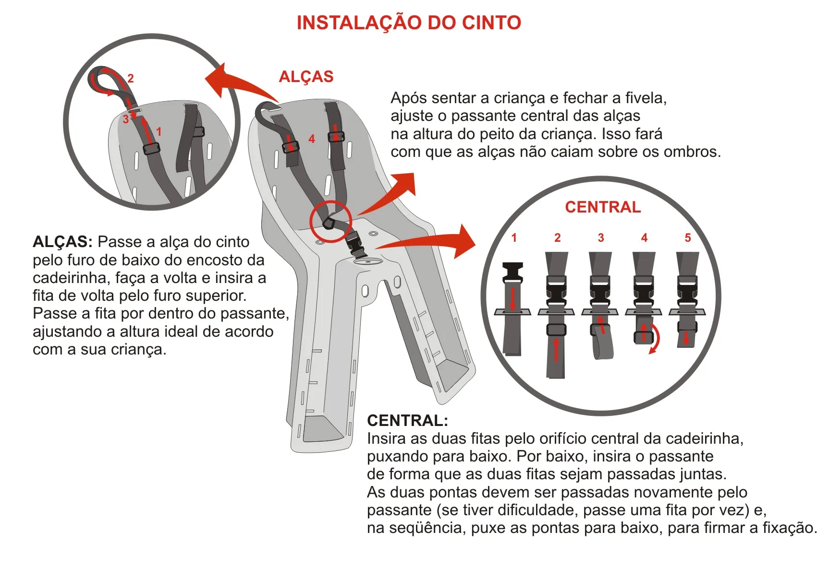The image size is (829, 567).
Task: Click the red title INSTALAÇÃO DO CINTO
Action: coord(409,23)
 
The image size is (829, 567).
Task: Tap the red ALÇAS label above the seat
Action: coord(306,77)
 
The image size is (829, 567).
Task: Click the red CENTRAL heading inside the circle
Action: coord(603,207)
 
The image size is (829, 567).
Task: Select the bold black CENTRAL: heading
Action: coord(407,420)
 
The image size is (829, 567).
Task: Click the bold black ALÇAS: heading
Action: coord(62,242)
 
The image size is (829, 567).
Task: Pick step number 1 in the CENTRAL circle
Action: coord(514,237)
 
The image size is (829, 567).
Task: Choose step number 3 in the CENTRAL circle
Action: coord(601,237)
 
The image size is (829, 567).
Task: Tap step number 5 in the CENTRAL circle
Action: coord(688,237)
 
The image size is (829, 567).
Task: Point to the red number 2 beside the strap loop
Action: coord(131,78)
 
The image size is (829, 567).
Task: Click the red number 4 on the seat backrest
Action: coord(312,139)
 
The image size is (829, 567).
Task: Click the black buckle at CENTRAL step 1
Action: coord(512,274)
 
